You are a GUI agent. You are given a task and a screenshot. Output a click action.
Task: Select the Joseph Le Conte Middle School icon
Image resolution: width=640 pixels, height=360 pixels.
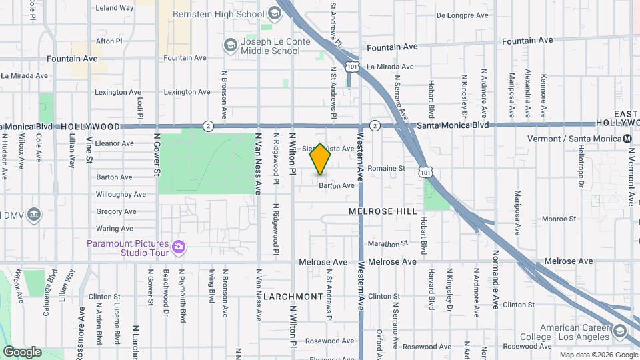point(230,45)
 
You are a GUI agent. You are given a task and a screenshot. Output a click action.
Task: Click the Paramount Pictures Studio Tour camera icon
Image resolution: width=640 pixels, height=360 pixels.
point(178,247)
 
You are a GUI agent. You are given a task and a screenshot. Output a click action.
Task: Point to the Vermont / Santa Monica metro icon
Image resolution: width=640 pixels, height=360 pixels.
point(627,138)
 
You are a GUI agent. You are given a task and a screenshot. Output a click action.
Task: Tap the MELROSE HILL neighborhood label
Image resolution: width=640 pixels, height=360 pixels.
point(383,211)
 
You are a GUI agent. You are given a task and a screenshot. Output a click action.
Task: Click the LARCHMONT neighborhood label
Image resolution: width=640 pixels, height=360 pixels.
point(293,295)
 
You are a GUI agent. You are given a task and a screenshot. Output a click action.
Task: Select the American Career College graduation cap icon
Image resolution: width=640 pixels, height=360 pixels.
point(620,331)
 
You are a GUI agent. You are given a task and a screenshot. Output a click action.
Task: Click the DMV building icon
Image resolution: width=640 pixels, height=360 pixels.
point(34,215)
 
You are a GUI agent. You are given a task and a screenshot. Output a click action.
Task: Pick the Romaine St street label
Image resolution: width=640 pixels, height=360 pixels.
point(387,169)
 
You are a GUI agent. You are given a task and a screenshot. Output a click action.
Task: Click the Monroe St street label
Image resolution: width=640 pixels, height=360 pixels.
point(559,219)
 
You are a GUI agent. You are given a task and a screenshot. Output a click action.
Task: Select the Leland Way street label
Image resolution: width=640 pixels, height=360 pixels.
point(115,8)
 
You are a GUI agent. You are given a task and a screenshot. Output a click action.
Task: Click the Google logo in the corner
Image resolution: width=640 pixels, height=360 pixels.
point(22,351)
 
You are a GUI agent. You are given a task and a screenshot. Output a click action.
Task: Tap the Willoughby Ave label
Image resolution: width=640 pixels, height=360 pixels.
point(121,195)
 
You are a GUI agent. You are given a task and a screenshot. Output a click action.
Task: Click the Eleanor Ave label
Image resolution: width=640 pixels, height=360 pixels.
point(115,143)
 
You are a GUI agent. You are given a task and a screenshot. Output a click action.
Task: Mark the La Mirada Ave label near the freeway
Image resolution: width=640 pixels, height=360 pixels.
point(391,67)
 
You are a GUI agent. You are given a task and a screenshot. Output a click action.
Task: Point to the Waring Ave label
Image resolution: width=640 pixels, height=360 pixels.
point(115,229)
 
